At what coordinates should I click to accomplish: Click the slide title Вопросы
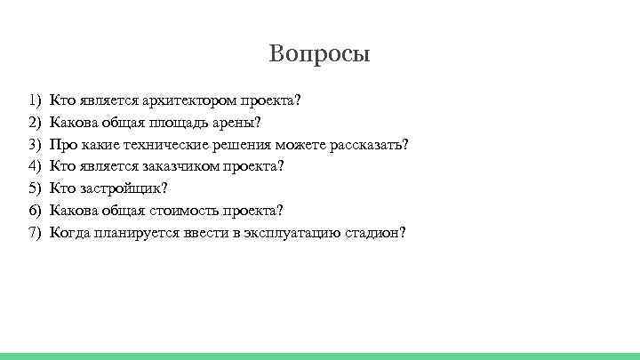(x=319, y=54)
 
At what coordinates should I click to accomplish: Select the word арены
(x=240, y=122)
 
